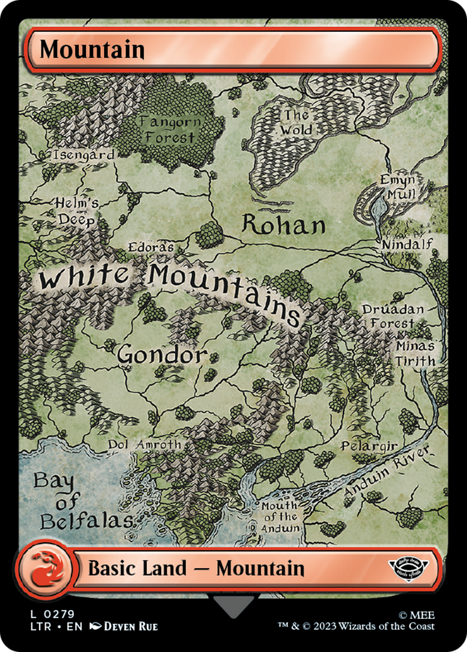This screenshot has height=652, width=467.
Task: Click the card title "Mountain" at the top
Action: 92,50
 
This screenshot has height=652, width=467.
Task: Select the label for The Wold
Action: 296,123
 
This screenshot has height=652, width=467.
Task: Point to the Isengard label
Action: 84,154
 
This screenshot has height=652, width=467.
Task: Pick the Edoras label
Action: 150,247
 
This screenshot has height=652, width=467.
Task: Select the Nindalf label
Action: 407,243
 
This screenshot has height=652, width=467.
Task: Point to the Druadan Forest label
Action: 393,317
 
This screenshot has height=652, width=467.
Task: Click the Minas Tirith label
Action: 415,354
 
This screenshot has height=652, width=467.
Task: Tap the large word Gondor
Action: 162,355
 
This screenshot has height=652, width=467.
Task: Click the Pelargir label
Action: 369,446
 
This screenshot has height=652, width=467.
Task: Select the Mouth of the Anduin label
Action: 280,517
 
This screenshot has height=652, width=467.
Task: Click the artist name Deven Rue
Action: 130,626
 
